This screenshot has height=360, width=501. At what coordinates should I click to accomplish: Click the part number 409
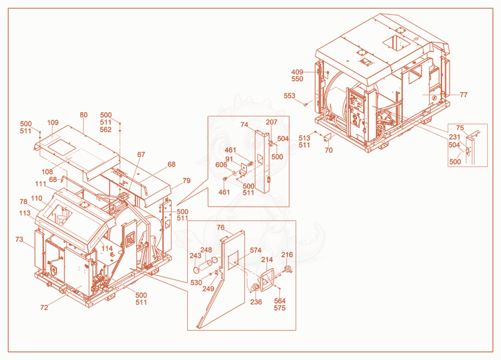coord(297,72)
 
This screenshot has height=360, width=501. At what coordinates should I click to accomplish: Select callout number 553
coord(289,96)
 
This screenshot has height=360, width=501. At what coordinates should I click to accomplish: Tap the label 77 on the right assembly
coord(463,95)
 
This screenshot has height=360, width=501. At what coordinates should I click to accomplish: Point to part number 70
coord(329,150)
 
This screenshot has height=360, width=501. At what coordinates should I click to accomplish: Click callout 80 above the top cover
coord(84,115)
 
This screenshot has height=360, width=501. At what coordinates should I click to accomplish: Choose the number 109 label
coord(53,123)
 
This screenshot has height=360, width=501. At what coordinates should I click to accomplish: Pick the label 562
coord(106,130)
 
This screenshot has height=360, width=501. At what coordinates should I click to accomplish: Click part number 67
coord(142,155)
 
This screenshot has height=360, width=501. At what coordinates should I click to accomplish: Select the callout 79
coord(187,181)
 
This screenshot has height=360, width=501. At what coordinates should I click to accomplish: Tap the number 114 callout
coord(107,248)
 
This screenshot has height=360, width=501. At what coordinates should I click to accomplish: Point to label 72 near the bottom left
coord(44,307)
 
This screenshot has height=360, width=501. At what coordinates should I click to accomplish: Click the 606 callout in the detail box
coord(221,165)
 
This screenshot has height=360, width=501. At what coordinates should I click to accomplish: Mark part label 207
coord(272,122)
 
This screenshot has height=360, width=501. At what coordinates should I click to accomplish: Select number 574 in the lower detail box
coord(256,250)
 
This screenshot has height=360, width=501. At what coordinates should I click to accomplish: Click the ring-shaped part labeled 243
coord(197,270)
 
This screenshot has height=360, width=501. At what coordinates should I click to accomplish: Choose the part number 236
coord(256,302)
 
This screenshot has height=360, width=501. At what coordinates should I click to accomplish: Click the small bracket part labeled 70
coord(327,138)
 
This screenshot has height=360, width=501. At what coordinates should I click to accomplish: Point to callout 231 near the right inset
coord(455,137)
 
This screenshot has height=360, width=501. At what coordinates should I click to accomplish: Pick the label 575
coord(280,308)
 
